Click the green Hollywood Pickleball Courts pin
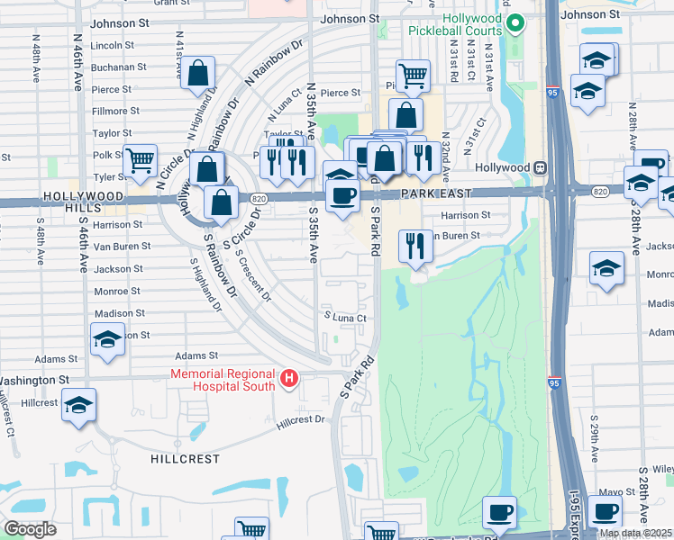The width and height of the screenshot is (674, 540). click(515, 23)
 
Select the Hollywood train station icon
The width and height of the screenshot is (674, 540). click(540, 167)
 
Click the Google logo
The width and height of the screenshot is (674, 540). click(31, 529)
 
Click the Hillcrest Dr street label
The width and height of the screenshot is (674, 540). click(301, 419)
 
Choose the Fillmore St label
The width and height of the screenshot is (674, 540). click(115, 111)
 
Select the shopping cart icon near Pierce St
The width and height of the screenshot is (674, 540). click(413, 76)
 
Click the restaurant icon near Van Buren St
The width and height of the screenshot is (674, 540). click(414, 245)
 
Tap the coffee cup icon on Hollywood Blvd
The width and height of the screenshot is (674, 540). click(342, 195)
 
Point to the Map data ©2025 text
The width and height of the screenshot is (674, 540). click(635, 533)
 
